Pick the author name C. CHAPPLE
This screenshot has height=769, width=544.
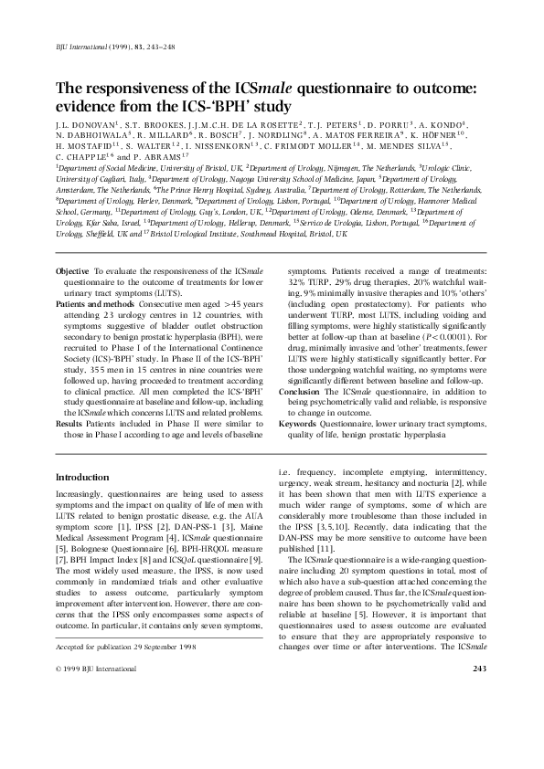coord(86,156)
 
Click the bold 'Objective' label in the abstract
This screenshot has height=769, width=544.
coord(72,272)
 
